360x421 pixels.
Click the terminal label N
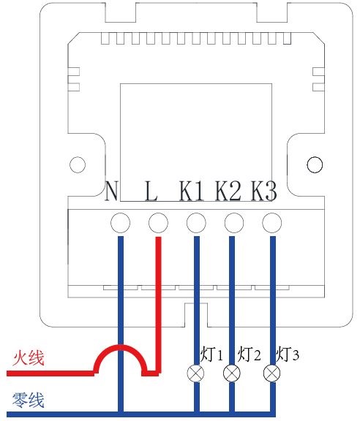tap(111, 191)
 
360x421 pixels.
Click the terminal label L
tap(151, 191)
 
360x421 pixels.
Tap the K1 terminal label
tap(191, 191)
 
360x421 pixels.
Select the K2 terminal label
tap(228, 191)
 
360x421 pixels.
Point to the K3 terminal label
tap(264, 191)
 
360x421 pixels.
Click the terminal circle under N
tap(121, 223)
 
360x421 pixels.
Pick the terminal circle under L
tap(158, 223)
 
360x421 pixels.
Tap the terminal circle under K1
tap(196, 223)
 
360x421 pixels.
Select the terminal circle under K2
tap(234, 223)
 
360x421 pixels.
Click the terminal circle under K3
tap(272, 223)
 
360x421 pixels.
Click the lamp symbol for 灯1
tap(195, 373)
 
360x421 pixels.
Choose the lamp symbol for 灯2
tap(232, 373)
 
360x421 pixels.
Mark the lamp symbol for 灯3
tap(271, 373)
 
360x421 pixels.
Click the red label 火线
tap(29, 357)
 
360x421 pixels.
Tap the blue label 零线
tap(28, 400)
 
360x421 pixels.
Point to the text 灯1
tap(211, 354)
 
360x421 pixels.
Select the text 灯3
tap(288, 354)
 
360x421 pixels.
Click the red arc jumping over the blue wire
tap(121, 348)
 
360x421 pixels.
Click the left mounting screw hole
tap(78, 164)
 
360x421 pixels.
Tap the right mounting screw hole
tap(315, 164)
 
